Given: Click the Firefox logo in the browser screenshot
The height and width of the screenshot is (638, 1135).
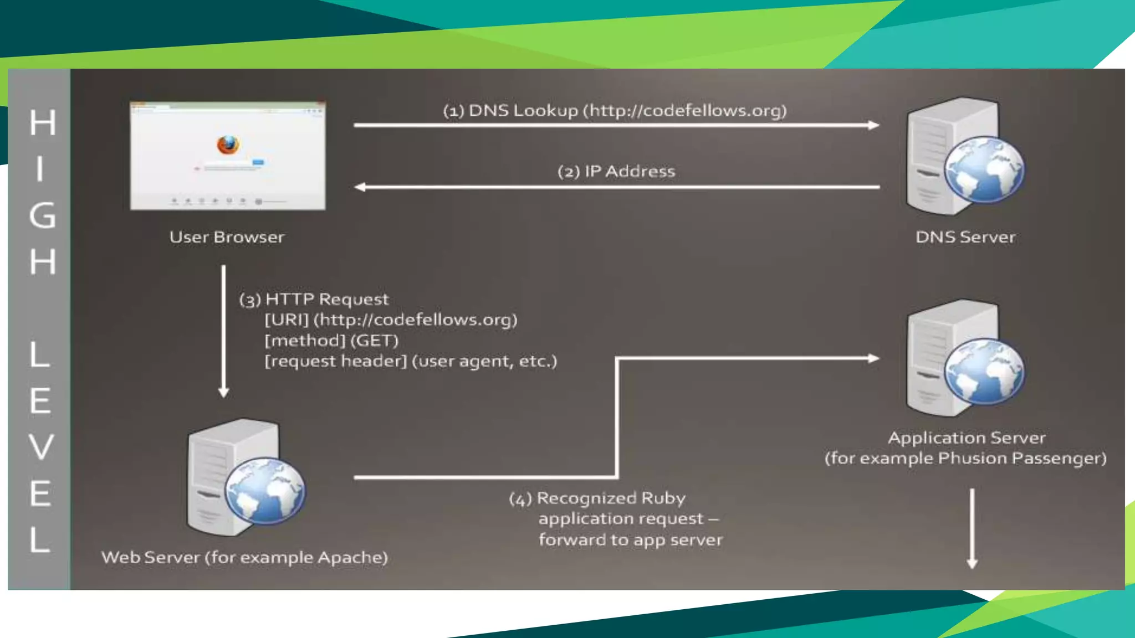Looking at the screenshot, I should (x=228, y=145).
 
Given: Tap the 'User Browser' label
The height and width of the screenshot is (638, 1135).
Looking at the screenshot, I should (x=227, y=237).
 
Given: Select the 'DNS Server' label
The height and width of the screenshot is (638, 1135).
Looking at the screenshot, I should (x=965, y=237).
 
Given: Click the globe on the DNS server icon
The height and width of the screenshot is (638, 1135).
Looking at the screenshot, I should (x=984, y=169).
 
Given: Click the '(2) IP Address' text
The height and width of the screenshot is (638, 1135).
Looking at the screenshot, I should (x=616, y=171).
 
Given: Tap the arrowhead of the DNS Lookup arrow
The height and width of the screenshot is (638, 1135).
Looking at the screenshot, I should (x=874, y=125).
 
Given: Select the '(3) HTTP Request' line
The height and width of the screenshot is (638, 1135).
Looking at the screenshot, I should (x=314, y=300).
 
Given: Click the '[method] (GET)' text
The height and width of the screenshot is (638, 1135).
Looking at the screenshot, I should (x=331, y=341).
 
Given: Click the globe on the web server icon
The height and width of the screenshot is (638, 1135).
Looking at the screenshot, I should (x=265, y=491).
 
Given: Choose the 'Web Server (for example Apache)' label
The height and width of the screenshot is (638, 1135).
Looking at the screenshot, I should (x=244, y=557).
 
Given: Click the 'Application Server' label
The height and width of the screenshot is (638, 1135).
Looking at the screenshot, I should (x=967, y=438).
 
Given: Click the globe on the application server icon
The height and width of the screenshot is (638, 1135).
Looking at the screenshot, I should (x=984, y=372).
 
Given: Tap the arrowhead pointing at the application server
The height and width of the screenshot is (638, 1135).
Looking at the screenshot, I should (x=874, y=358).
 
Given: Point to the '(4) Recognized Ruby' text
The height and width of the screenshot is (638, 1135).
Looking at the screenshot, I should (x=597, y=498).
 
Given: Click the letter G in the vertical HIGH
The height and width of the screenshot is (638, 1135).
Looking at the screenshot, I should (x=42, y=215).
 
